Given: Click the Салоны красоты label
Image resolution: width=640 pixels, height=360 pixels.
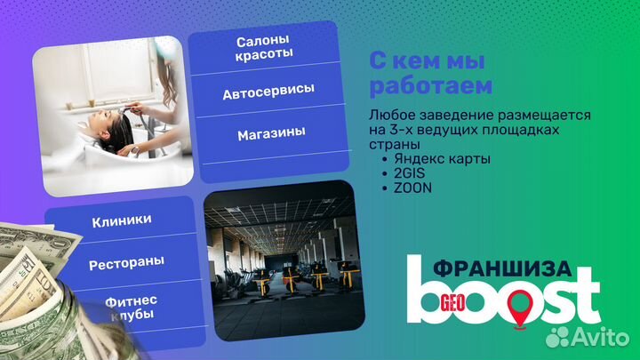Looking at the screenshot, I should (265, 48).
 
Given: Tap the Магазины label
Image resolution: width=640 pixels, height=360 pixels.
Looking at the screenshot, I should (271, 132).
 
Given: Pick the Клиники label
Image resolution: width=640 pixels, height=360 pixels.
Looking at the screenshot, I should (122, 220).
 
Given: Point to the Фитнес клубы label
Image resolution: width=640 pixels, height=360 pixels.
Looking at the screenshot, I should (124, 308).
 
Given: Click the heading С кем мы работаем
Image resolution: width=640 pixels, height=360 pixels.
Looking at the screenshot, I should (430, 74).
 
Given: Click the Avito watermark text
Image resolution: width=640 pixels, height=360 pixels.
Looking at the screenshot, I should (595, 336).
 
